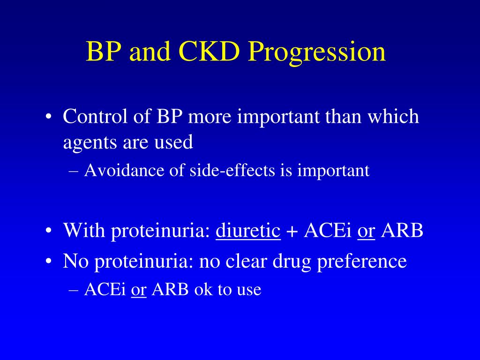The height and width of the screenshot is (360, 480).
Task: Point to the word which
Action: click(x=393, y=116)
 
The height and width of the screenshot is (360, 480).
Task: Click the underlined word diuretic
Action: click(x=248, y=230)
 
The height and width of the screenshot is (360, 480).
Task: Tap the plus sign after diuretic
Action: click(x=292, y=232)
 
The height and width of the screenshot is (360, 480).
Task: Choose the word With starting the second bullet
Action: click(x=83, y=230)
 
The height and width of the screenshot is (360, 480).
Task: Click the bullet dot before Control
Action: click(x=48, y=117)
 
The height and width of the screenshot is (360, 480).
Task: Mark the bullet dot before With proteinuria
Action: click(x=48, y=232)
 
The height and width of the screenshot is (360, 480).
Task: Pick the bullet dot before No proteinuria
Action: click(x=48, y=262)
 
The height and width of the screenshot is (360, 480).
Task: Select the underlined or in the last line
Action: click(x=139, y=290)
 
